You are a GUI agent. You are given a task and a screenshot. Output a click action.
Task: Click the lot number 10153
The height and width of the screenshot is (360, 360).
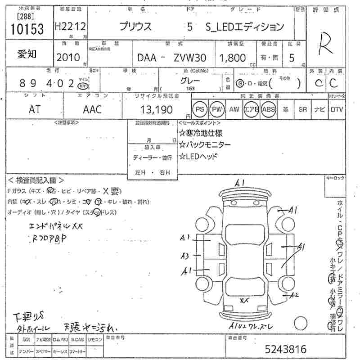tap(27, 29)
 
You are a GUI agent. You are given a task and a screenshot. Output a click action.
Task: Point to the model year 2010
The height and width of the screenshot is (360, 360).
tap(68, 57)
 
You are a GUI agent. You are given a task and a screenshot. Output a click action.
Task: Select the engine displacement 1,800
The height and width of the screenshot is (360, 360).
tap(232, 58)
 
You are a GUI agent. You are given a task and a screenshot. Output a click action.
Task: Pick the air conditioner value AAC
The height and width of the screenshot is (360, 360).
tap(92, 109)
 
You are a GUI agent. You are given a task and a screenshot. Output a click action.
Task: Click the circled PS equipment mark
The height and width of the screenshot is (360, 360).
tap(200, 109)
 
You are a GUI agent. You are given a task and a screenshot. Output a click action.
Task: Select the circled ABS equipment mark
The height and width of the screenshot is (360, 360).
tap(268, 109)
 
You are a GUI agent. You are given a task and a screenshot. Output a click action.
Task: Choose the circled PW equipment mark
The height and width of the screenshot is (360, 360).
tap(217, 109)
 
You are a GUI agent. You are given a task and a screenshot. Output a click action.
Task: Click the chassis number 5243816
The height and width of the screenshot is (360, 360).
tap(285, 349)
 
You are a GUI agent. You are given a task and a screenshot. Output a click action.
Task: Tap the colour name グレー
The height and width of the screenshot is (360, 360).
tap(190, 81)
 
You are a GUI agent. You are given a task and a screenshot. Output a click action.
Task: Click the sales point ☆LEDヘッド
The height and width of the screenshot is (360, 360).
tap(198, 156)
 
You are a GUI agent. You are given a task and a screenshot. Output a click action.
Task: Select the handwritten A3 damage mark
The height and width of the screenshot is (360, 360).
tap(184, 256)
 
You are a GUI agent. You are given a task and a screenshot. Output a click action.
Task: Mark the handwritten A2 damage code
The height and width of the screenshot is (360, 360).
tap(295, 295)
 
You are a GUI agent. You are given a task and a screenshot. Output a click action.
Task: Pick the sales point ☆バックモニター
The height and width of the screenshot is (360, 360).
tap(205, 144)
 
